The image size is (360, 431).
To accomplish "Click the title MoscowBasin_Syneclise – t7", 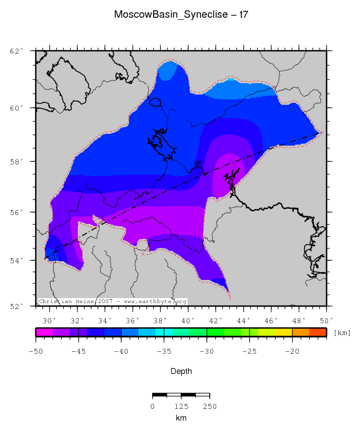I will click(x=181, y=15).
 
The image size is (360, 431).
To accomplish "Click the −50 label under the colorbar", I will click(x=36, y=351).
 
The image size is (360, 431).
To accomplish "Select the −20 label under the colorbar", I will click(x=292, y=351).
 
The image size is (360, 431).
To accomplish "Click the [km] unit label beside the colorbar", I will click(x=342, y=333).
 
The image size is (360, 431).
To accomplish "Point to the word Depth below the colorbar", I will click(x=181, y=371).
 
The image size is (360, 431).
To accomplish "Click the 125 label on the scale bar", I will click(x=181, y=406).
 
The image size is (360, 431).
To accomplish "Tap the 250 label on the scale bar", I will click(x=210, y=406).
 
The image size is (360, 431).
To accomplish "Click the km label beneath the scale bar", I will click(x=181, y=418).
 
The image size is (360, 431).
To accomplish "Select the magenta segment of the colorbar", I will click(x=44, y=332).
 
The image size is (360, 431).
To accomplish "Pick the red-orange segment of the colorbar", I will click(x=318, y=332).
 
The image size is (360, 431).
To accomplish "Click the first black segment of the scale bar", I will click(x=160, y=395).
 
